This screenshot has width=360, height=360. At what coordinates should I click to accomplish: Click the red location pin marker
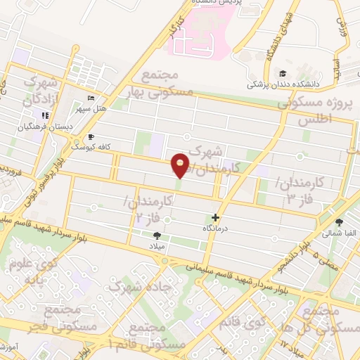(x=181, y=165)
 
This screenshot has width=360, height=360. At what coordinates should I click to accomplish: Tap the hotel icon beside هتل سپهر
(x=90, y=98)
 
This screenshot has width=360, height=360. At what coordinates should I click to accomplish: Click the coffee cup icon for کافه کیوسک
(x=90, y=137)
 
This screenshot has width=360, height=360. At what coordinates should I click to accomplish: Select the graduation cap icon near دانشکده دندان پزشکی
(x=283, y=74)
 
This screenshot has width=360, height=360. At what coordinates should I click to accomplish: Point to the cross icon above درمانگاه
(x=215, y=218)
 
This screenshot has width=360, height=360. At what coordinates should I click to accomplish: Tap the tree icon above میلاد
(x=157, y=236)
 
